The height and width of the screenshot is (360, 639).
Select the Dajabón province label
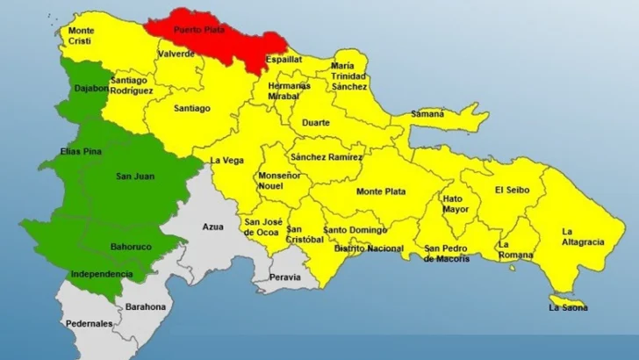pyautogui.click(x=90, y=88)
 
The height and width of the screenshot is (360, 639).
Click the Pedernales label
pyautogui.click(x=88, y=323)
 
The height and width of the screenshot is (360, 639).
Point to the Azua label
pyautogui.click(x=213, y=227)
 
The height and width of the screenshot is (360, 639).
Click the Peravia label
pyautogui.click(x=285, y=277)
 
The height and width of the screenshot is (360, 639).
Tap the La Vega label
pyautogui.click(x=226, y=160)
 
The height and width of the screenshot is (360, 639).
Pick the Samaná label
pyautogui.click(x=427, y=113)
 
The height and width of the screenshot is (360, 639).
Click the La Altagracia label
pyautogui.click(x=579, y=237)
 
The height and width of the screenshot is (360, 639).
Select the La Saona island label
pyautogui.click(x=568, y=307)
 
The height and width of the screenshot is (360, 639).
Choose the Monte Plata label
pyautogui.click(x=380, y=191)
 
